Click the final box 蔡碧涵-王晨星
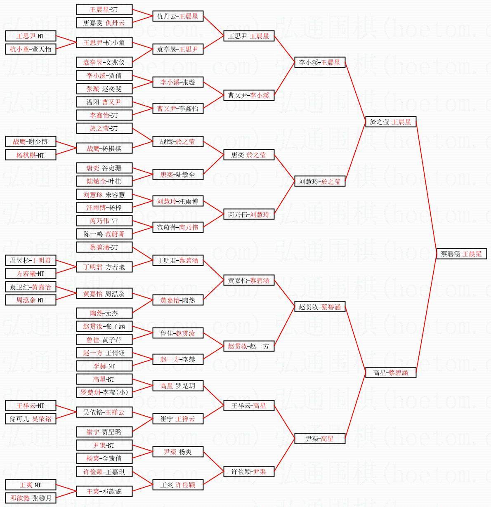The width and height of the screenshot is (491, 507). click(461, 254)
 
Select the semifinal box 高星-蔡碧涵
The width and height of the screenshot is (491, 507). click(391, 373)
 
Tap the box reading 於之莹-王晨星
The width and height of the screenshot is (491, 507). click(391, 122)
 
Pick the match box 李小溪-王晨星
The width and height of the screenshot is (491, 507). click(320, 62)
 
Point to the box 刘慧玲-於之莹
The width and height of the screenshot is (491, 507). click(320, 181)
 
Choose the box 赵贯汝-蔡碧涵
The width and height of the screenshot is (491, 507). click(320, 307)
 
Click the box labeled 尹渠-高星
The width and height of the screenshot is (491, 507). click(320, 439)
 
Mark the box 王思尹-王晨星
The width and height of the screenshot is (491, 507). click(249, 36)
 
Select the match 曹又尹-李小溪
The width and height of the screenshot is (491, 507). click(249, 95)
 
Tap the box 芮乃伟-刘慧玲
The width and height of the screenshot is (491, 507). click(249, 214)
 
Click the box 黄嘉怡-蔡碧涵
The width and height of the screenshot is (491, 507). click(249, 281)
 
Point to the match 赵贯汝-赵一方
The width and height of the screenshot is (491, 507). click(249, 346)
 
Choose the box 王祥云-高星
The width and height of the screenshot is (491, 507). click(249, 406)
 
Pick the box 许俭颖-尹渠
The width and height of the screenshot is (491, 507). click(249, 472)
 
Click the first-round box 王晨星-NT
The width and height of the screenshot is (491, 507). click(104, 9)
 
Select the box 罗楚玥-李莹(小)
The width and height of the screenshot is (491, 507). click(104, 392)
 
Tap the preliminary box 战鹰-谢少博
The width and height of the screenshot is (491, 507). click(30, 141)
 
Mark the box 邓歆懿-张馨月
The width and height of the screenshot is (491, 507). click(30, 498)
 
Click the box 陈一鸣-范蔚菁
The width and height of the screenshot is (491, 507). click(104, 234)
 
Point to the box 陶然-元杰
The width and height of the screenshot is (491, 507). click(104, 313)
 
